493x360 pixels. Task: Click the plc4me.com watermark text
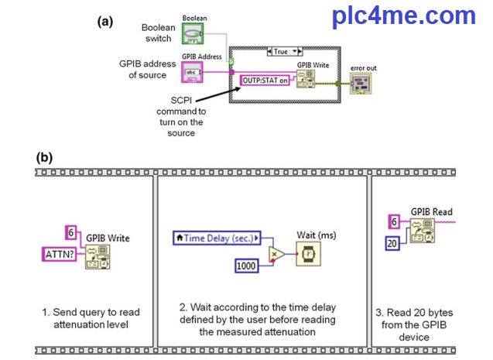click(x=403, y=15)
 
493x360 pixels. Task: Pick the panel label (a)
click(x=104, y=22)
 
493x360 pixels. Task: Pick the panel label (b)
click(x=44, y=156)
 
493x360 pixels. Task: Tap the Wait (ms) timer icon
click(x=309, y=253)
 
